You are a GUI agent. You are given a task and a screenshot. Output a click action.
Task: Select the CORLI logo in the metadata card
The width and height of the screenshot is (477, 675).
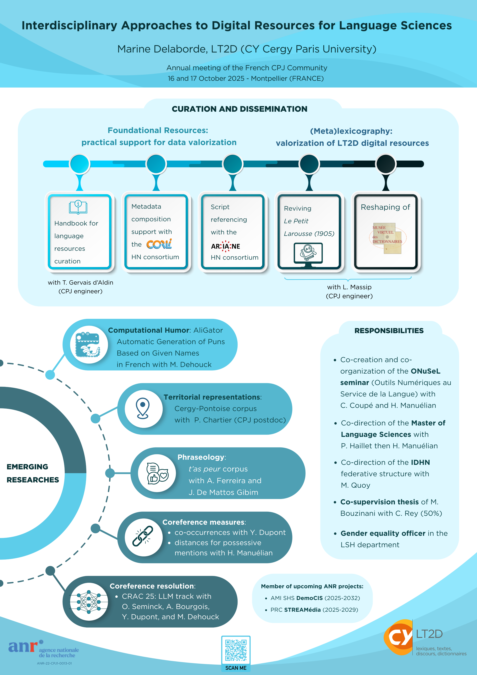click(159, 244)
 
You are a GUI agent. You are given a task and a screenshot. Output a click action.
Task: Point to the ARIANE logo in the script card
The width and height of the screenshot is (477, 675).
click(226, 246)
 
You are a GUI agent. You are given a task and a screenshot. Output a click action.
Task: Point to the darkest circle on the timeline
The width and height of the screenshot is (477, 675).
click(386, 164)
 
